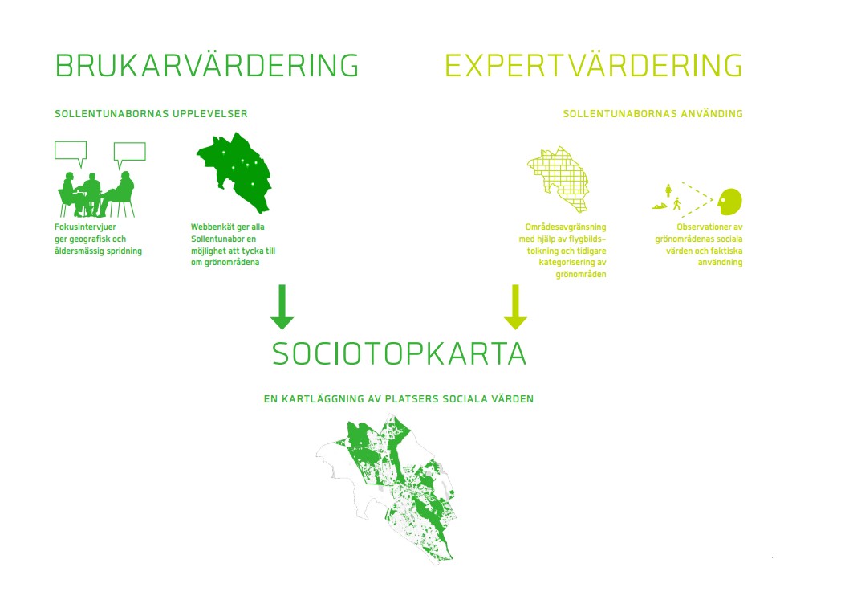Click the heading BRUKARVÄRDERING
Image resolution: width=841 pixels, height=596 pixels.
point(206,65)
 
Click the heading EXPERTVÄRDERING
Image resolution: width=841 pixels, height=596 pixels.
point(594,65)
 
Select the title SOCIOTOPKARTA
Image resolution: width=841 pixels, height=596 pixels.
point(399,354)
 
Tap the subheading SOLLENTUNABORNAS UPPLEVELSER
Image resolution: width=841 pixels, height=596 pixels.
point(151,114)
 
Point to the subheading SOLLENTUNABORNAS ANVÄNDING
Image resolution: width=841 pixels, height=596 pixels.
point(652,114)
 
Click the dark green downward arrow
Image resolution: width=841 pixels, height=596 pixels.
point(282,307)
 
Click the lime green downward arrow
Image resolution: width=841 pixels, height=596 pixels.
point(515,307)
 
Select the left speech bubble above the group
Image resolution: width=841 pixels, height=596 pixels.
point(71,154)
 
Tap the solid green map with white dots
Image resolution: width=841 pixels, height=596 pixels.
point(236,172)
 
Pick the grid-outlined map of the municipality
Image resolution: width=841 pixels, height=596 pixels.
point(559,179)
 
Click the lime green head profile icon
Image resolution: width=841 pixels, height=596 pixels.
point(730,202)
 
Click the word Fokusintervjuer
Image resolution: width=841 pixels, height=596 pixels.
point(85,227)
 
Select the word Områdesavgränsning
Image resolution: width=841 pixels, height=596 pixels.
point(566,227)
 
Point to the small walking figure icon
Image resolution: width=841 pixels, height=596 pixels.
point(676,203)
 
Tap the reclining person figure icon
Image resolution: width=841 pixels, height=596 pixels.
point(660,206)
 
